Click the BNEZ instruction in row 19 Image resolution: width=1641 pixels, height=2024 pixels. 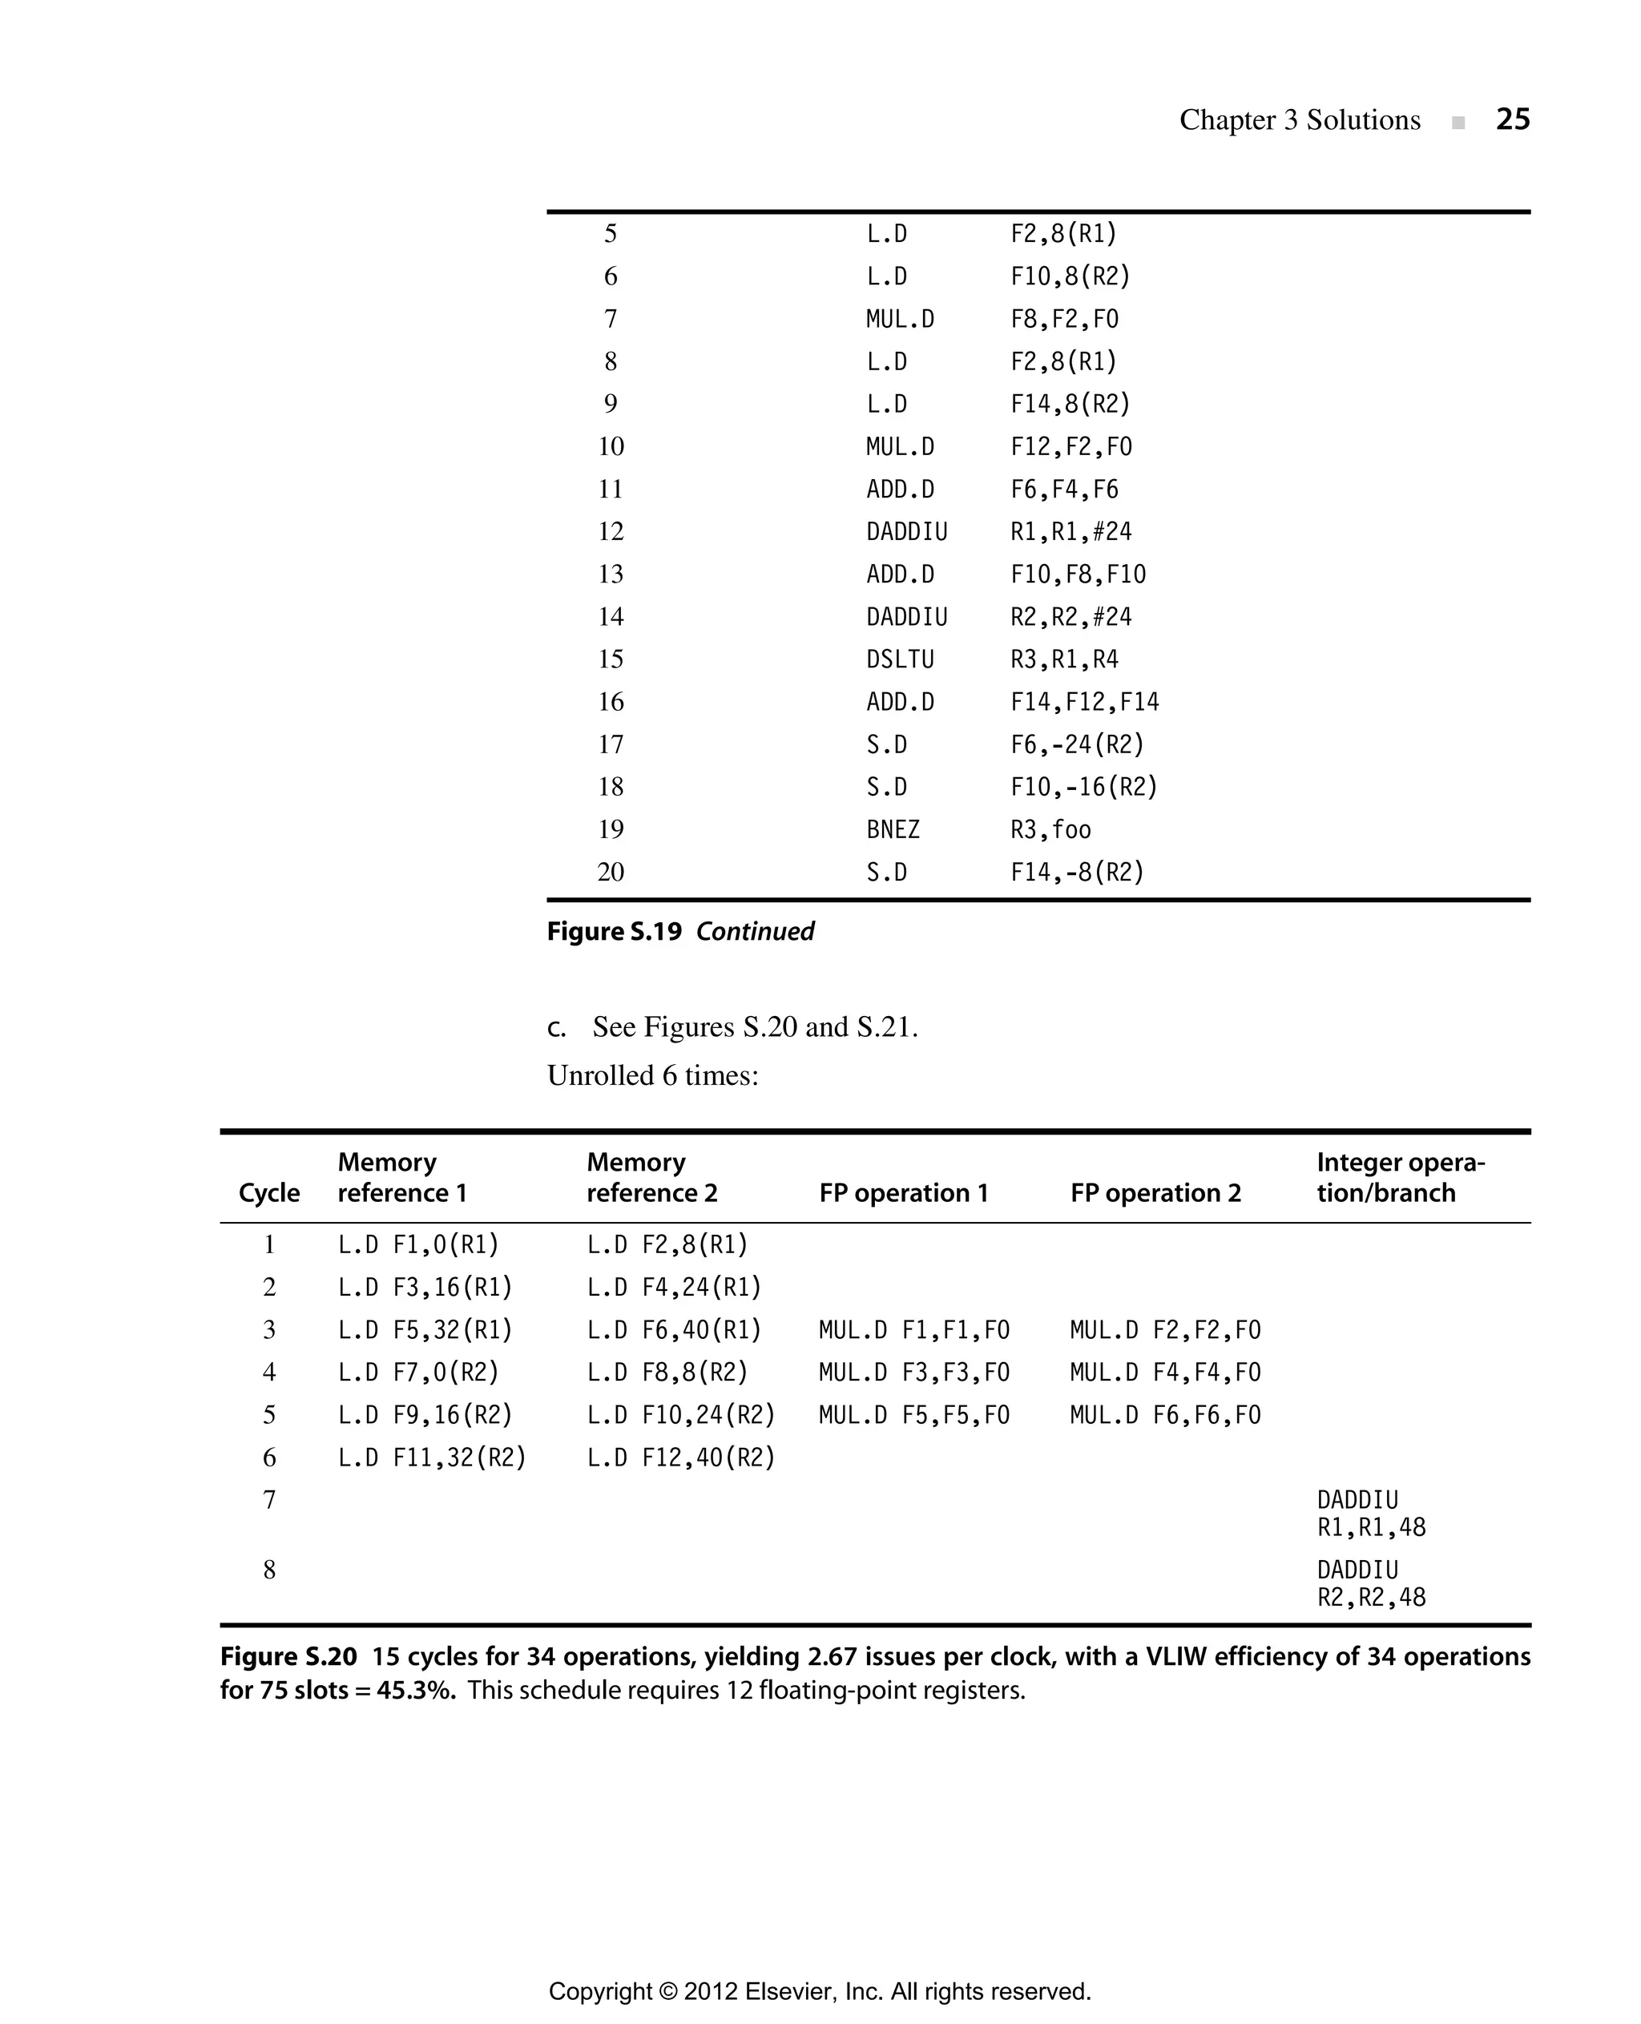[x=893, y=829]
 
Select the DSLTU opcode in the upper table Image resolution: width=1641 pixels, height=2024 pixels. [x=899, y=659]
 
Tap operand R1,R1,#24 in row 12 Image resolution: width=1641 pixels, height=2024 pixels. [x=1070, y=531]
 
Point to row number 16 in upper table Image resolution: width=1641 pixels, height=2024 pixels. [x=611, y=701]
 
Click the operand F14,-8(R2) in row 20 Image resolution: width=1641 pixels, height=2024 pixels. [x=1077, y=872]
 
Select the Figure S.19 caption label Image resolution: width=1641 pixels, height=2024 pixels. [x=615, y=931]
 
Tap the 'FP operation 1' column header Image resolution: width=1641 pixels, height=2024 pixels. [x=903, y=1193]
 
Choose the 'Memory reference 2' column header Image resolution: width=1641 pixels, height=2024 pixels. [x=651, y=1177]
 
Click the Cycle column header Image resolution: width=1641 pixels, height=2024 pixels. [x=269, y=1193]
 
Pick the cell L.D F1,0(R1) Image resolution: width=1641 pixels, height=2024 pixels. [x=417, y=1244]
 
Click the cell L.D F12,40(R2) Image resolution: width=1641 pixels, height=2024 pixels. [x=680, y=1457]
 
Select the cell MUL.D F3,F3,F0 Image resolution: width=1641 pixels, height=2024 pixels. [x=913, y=1372]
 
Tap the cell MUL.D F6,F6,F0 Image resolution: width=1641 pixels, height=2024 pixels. [x=1164, y=1414]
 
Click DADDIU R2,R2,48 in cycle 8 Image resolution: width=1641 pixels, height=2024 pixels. [x=1371, y=1583]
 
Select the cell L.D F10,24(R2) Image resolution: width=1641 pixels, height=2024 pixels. [x=680, y=1414]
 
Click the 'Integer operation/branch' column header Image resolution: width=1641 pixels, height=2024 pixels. [x=1399, y=1177]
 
